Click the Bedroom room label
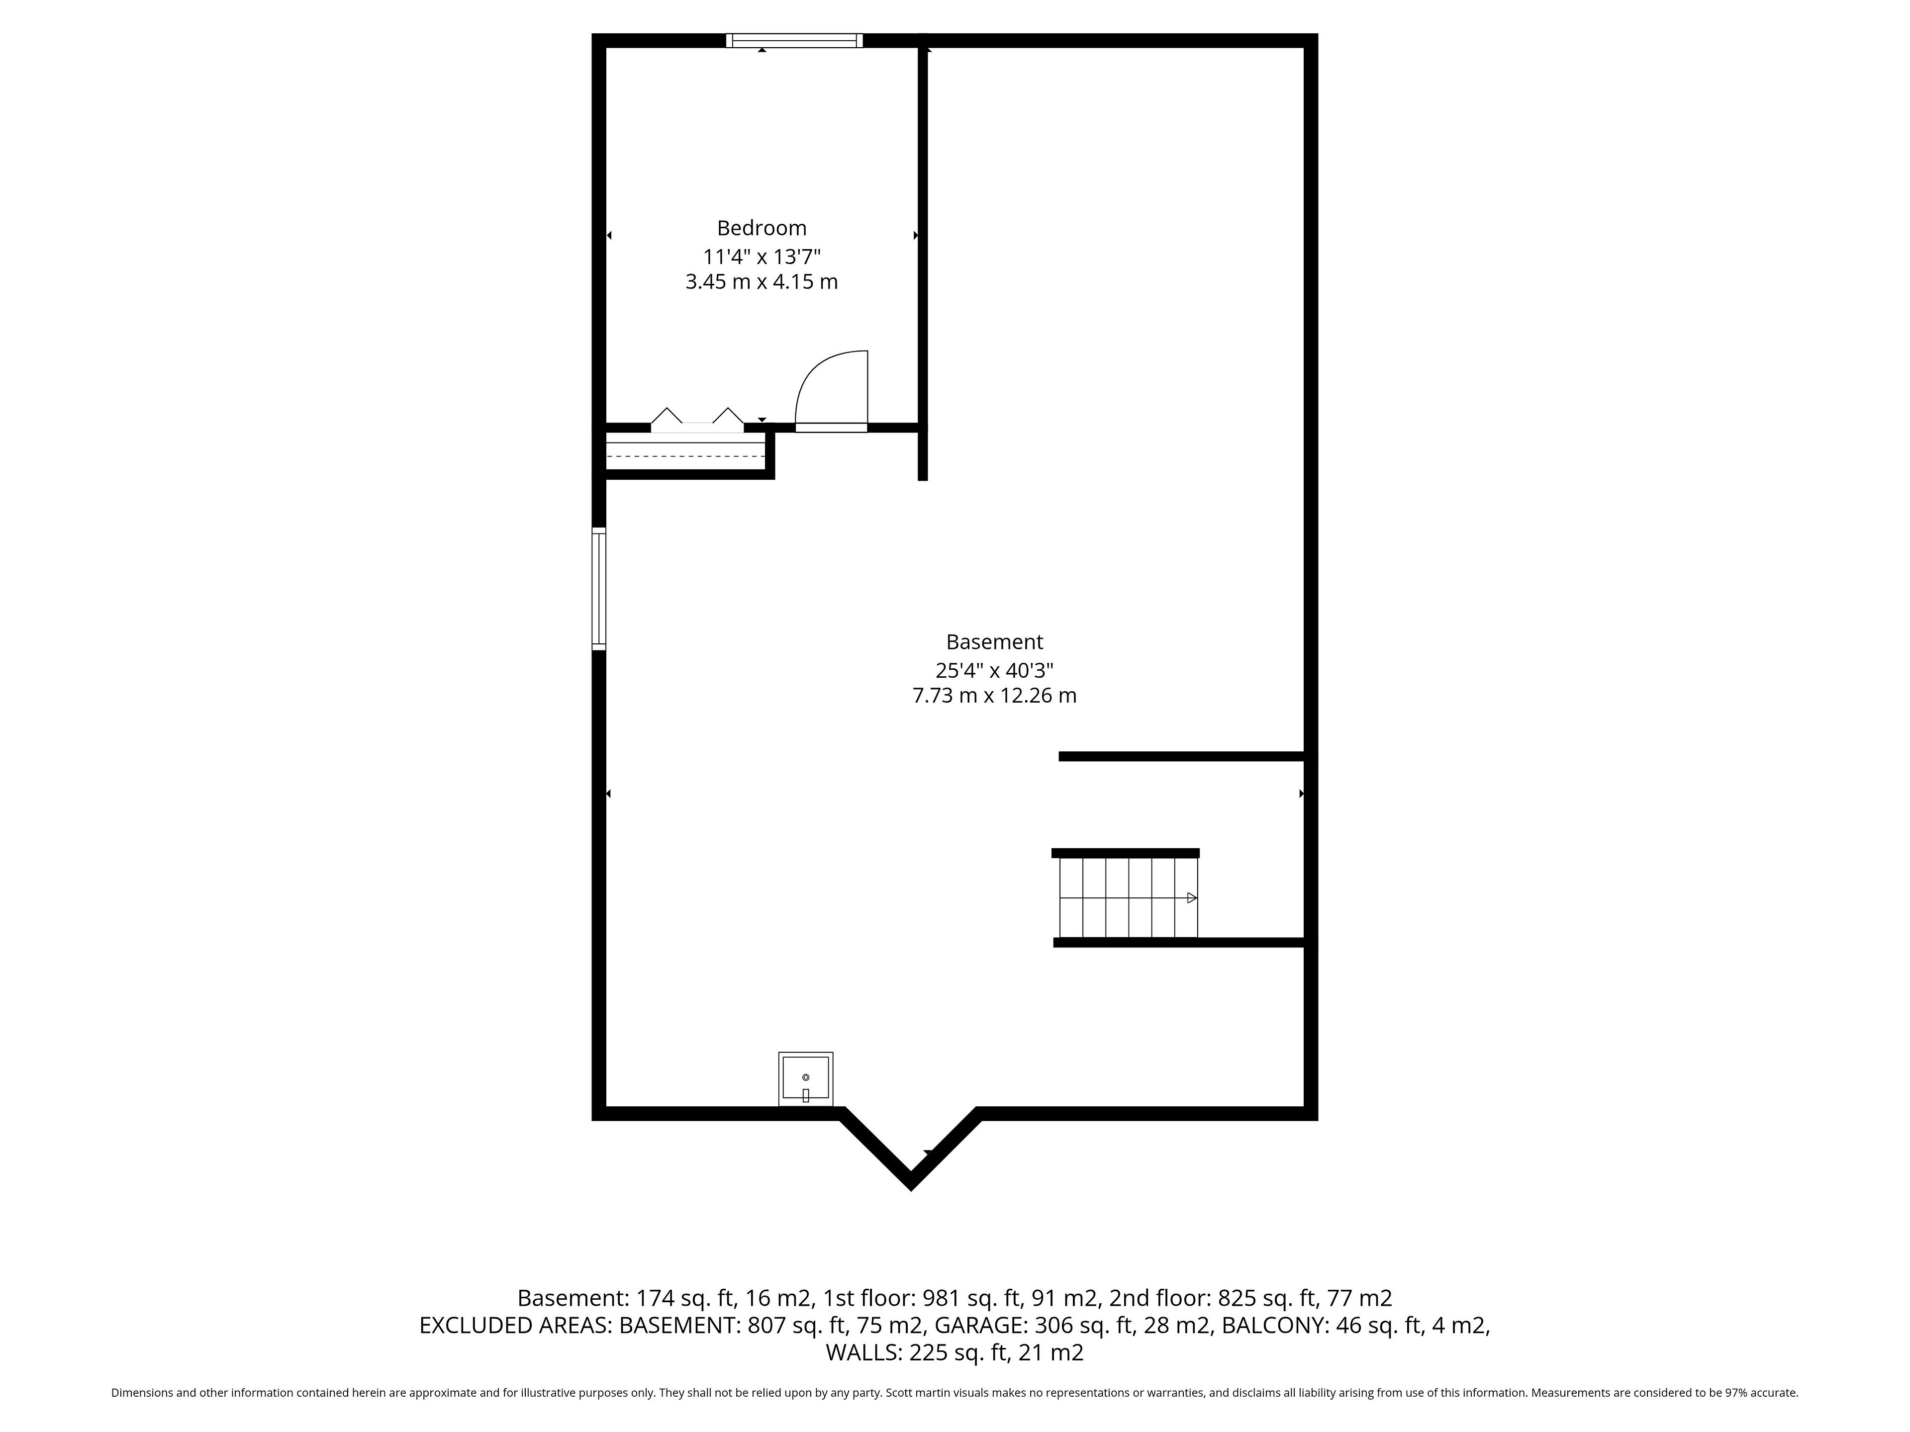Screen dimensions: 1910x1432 (762, 228)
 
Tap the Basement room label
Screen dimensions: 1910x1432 (995, 642)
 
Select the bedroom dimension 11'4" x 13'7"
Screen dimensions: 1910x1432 (762, 257)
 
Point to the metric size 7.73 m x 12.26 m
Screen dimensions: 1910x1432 (995, 696)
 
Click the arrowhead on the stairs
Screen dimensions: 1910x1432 (1192, 897)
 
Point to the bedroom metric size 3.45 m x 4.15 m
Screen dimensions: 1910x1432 (762, 282)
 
